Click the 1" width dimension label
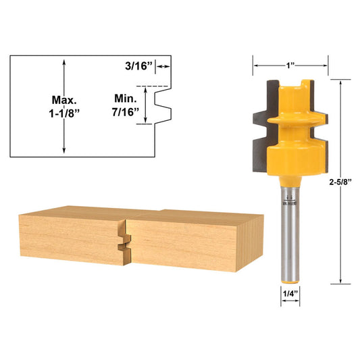(x=290, y=66)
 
